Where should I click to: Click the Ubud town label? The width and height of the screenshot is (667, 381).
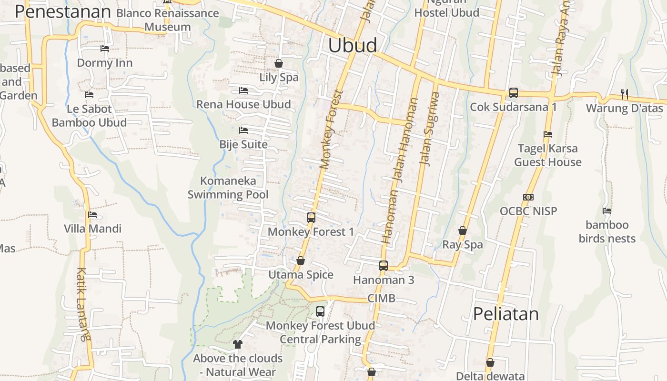pyautogui.click(x=353, y=45)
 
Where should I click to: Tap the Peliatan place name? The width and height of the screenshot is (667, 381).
pyautogui.click(x=506, y=314)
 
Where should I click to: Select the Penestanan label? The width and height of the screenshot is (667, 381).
pyautogui.click(x=63, y=11)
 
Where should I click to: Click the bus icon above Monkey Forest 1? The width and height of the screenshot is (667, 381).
pyautogui.click(x=311, y=218)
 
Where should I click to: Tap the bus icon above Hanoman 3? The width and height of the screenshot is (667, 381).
pyautogui.click(x=384, y=266)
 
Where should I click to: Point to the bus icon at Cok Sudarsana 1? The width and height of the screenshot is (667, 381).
pyautogui.click(x=513, y=93)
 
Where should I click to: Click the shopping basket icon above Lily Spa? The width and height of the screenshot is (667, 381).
pyautogui.click(x=279, y=63)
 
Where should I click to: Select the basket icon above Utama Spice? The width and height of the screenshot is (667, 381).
pyautogui.click(x=301, y=261)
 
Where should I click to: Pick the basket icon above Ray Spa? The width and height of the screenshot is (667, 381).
pyautogui.click(x=462, y=231)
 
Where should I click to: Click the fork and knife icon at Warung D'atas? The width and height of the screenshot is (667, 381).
pyautogui.click(x=624, y=94)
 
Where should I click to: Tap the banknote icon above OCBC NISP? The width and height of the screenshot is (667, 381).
pyautogui.click(x=528, y=197)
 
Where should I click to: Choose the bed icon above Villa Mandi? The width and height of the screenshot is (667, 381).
pyautogui.click(x=92, y=215)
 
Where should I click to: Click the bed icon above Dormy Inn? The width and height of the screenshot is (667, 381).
pyautogui.click(x=105, y=49)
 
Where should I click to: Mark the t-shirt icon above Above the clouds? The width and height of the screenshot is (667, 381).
pyautogui.click(x=238, y=344)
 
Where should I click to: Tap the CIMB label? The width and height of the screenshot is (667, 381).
pyautogui.click(x=381, y=299)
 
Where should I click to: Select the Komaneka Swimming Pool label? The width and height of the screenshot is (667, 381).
pyautogui.click(x=228, y=188)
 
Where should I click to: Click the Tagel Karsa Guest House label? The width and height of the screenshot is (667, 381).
pyautogui.click(x=548, y=155)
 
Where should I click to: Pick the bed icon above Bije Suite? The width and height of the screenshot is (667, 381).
pyautogui.click(x=243, y=130)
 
